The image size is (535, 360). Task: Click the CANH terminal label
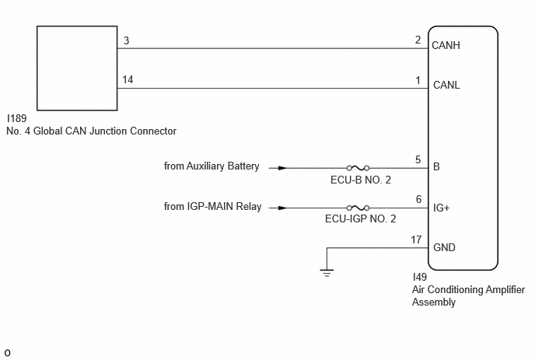(x=446, y=45)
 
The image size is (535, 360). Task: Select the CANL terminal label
(x=446, y=85)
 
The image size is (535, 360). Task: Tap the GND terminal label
(x=444, y=247)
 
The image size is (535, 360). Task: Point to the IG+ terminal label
(x=441, y=208)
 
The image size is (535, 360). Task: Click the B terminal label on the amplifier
(x=436, y=167)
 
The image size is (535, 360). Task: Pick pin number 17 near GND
(x=416, y=240)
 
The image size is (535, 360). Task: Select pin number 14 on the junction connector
(x=128, y=79)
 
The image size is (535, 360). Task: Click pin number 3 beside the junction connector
(x=126, y=40)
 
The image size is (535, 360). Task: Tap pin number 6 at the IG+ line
(x=418, y=199)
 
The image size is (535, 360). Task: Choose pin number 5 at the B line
(x=418, y=159)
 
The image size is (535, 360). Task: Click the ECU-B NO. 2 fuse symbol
(x=358, y=168)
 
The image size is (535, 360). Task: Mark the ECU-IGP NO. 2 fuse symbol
(x=358, y=208)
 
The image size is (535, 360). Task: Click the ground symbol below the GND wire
(x=327, y=273)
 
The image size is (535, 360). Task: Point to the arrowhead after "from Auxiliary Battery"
(x=283, y=168)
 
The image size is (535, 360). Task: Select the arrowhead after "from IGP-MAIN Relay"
(x=283, y=208)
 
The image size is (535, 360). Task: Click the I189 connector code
(x=17, y=118)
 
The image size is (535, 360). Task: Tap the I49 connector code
(x=420, y=277)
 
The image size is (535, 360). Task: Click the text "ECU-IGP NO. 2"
(x=360, y=218)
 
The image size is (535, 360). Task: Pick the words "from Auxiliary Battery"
(x=212, y=166)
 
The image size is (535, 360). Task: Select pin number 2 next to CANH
(x=418, y=40)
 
